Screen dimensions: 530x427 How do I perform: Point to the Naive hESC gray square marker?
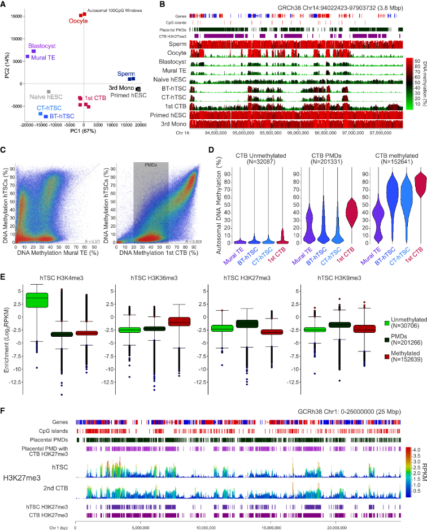click(x=49, y=92)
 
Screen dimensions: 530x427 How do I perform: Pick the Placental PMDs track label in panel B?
click(x=172, y=28)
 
